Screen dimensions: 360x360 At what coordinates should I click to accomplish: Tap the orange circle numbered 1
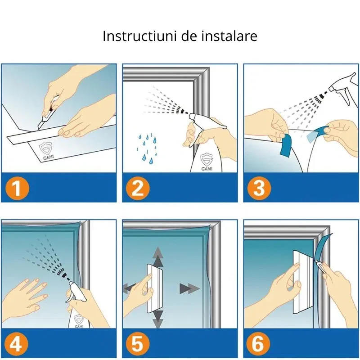[17, 189]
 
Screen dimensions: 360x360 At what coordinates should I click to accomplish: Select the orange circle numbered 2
[138, 189]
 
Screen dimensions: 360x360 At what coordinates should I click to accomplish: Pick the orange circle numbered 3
[259, 189]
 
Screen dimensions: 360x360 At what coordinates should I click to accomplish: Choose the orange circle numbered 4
[16, 344]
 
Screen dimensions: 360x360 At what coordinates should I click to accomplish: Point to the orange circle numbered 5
[138, 344]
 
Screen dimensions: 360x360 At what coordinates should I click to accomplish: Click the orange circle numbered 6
[258, 344]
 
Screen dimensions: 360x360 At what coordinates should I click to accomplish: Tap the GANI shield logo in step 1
[46, 150]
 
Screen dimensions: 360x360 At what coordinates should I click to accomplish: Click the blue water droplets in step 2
[148, 148]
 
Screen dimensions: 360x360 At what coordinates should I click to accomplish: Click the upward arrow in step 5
[158, 256]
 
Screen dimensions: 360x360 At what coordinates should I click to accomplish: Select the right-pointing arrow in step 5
[189, 288]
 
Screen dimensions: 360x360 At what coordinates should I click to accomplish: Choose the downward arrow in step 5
[158, 319]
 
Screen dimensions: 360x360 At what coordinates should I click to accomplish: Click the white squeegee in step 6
[302, 282]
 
